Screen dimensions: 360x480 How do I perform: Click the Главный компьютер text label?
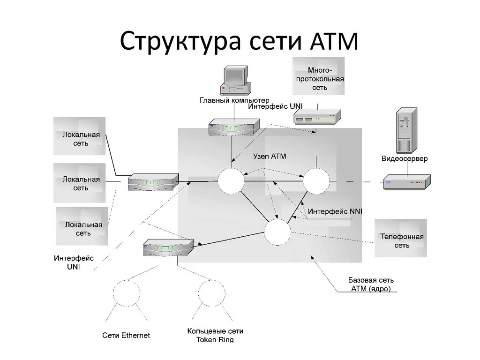[x=234, y=100]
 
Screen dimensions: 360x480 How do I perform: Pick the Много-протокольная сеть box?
[x=319, y=78]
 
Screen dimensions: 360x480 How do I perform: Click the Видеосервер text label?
[x=404, y=159]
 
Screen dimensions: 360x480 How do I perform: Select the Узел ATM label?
[x=270, y=156]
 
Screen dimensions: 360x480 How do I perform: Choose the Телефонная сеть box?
[x=401, y=239]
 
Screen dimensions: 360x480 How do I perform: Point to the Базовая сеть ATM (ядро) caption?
[x=370, y=285]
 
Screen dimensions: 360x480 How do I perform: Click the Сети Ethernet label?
[x=126, y=335]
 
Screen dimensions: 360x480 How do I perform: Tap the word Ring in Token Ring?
[x=224, y=340]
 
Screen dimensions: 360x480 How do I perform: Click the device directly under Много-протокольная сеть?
[x=317, y=117]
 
